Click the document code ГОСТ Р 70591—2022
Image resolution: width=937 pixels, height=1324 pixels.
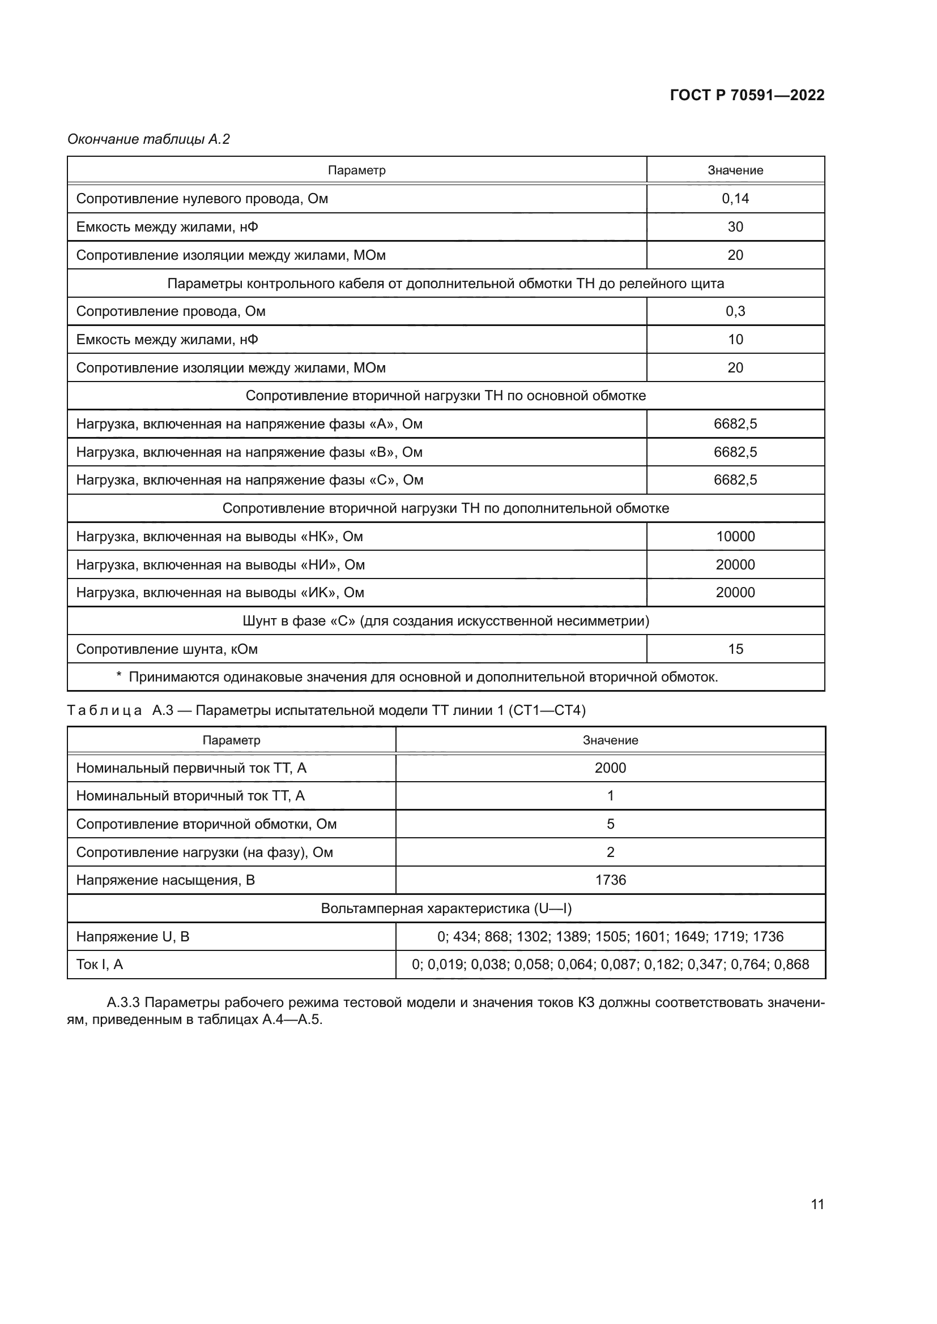(747, 95)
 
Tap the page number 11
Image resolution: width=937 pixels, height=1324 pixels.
(817, 1204)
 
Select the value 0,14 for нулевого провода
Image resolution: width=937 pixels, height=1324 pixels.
(735, 198)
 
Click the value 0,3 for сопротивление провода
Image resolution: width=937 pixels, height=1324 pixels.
(735, 311)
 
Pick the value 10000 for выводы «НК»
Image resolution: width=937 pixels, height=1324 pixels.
(735, 536)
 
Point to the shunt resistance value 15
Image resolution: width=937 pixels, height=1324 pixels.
(735, 649)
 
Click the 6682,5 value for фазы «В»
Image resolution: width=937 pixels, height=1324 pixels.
(735, 452)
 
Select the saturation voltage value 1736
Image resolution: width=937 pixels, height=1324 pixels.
(610, 880)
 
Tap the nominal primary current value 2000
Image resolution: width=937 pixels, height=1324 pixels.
(610, 768)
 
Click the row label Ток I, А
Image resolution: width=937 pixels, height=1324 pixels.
(99, 964)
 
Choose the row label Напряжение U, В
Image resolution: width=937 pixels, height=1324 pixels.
(132, 936)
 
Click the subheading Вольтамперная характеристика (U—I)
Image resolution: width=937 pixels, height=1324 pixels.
(445, 908)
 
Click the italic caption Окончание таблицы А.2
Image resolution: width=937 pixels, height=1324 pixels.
(148, 139)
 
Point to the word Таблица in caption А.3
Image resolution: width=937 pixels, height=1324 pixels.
(104, 710)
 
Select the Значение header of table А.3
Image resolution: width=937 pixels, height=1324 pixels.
(610, 740)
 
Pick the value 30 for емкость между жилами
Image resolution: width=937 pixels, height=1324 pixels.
(735, 226)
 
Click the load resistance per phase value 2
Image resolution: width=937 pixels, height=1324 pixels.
(610, 852)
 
